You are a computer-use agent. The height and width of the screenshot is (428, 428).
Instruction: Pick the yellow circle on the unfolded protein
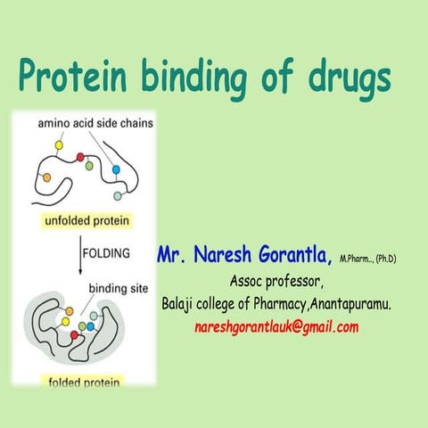click(x=60, y=144)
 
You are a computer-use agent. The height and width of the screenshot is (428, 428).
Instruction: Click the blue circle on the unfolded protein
click(x=116, y=168)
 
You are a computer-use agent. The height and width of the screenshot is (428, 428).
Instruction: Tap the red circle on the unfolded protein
click(x=80, y=158)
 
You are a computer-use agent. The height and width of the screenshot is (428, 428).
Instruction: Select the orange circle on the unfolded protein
click(x=46, y=177)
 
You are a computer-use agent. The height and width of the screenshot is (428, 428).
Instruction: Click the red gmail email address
click(x=276, y=326)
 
